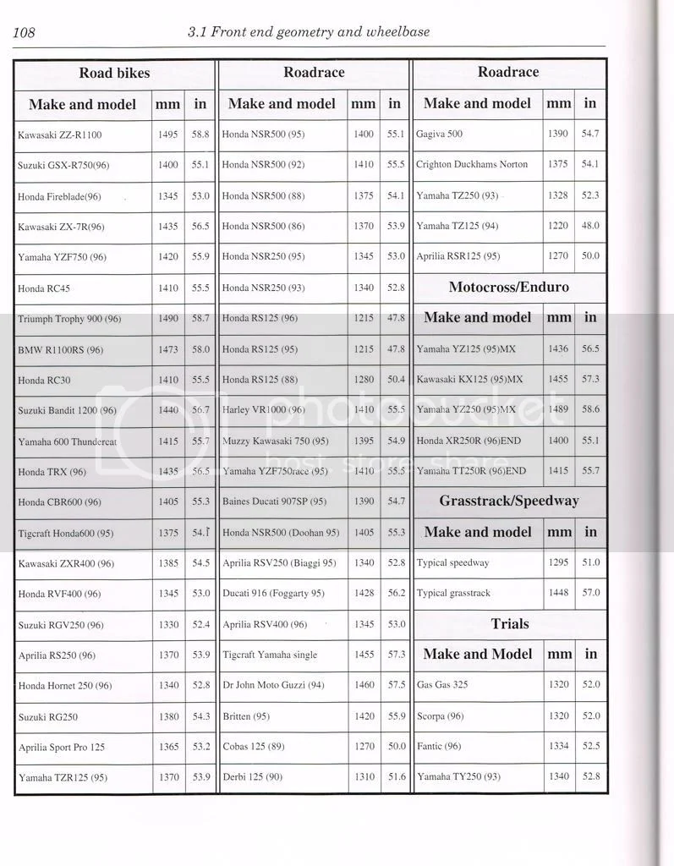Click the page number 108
(x=24, y=33)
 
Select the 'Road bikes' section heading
(x=114, y=73)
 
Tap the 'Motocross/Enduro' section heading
(x=508, y=287)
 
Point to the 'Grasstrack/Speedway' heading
(x=508, y=501)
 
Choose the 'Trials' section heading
(x=509, y=624)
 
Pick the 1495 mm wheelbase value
(x=167, y=134)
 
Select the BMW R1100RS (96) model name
(x=60, y=349)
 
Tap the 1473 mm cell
(x=167, y=348)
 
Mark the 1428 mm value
(x=364, y=593)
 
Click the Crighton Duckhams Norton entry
(x=472, y=164)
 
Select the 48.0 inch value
(x=589, y=226)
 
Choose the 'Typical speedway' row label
(x=452, y=562)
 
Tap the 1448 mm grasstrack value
(x=557, y=593)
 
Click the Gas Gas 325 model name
(x=442, y=685)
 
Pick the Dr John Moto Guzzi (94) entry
(x=273, y=685)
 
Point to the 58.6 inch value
(x=589, y=409)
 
